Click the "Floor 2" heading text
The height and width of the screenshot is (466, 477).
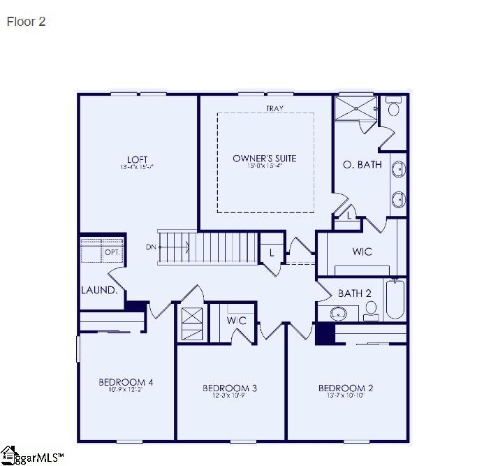[26, 22]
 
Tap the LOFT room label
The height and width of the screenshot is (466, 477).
[137, 159]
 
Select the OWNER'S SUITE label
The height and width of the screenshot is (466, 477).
[264, 159]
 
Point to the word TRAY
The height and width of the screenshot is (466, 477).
[273, 108]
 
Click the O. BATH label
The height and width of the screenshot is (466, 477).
[362, 165]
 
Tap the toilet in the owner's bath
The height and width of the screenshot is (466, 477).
[394, 108]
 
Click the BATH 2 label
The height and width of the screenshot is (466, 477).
[354, 293]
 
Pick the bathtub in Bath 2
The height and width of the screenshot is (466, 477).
[395, 299]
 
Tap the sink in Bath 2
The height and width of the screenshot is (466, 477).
[338, 312]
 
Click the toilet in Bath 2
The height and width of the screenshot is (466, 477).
[371, 310]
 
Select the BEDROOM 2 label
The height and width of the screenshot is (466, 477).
[346, 388]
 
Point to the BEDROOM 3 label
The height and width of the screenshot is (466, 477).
[230, 388]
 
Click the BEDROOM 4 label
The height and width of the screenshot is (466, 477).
[126, 382]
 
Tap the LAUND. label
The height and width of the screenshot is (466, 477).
[99, 290]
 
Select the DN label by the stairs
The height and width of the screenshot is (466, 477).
[151, 247]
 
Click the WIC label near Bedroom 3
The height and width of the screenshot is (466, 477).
[237, 321]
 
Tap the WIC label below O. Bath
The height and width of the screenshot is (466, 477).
[362, 252]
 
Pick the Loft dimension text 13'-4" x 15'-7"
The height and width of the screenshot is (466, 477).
[137, 167]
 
